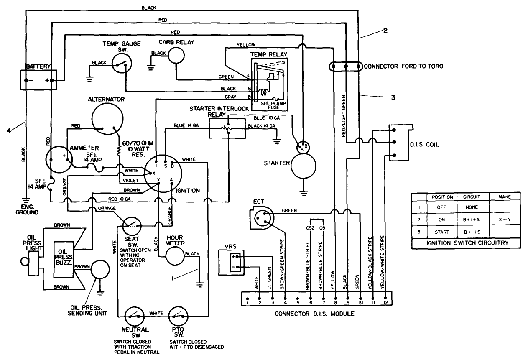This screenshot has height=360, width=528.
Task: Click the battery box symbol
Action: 39,79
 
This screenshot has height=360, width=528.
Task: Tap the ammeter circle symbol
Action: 59,159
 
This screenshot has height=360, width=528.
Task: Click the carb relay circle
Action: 176,54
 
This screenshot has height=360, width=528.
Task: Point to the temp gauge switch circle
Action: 122,63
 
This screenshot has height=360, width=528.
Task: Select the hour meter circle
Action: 175,255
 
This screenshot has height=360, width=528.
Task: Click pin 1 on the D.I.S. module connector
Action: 247,301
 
